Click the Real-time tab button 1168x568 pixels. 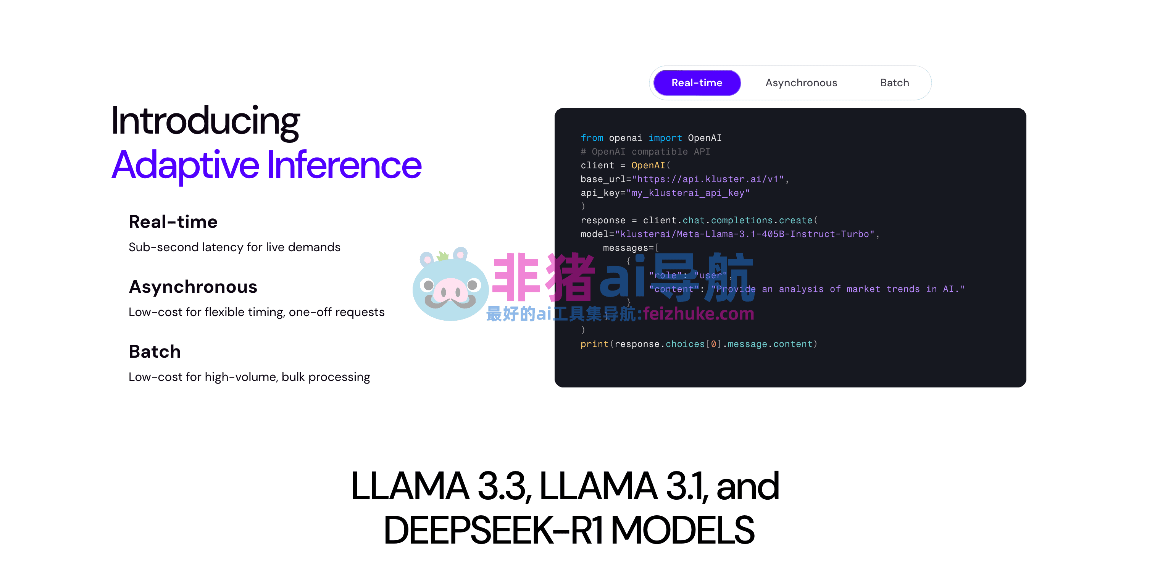[697, 82]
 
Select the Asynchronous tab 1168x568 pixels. [801, 82]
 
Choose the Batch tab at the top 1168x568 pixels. [894, 82]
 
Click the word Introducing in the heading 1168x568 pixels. [205, 121]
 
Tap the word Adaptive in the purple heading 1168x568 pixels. [186, 165]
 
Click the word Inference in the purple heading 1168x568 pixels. [344, 165]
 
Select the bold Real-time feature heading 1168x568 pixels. [173, 222]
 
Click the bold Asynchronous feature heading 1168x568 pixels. [193, 287]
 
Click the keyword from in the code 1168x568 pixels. [592, 138]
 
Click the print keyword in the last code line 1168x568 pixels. [594, 344]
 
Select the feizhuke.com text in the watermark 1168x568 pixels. [698, 314]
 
